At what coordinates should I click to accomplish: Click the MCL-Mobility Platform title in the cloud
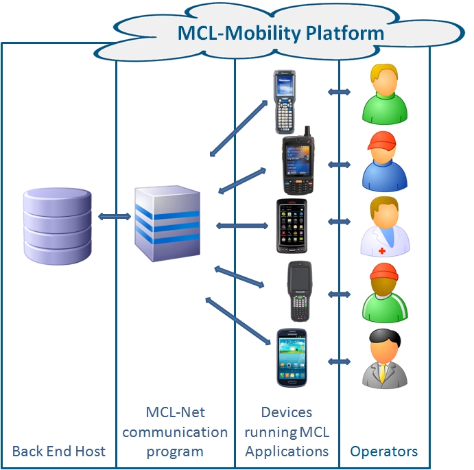tap(281, 32)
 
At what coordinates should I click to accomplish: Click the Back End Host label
tap(59, 451)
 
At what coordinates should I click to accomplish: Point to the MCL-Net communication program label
tap(175, 432)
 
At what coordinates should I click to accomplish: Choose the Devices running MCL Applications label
tap(287, 432)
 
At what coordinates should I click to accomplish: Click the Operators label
tap(384, 451)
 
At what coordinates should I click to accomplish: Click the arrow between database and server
tap(114, 217)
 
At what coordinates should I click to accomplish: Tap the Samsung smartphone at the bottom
tap(292, 357)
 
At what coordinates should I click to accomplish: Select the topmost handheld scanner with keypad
tap(283, 101)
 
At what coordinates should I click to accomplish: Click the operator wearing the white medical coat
tap(385, 226)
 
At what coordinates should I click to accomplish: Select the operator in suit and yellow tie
tap(385, 357)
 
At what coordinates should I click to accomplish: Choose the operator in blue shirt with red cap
tap(385, 163)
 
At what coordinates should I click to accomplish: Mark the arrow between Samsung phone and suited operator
tap(340, 361)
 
